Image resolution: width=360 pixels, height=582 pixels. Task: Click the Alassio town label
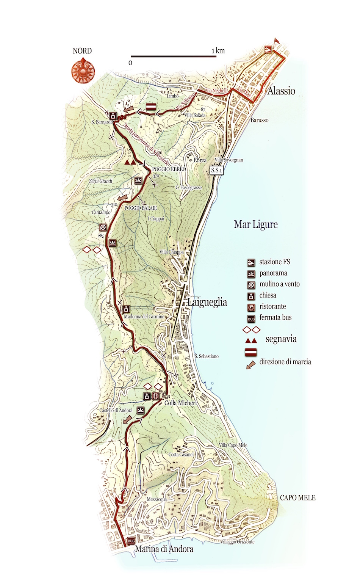pos(281,91)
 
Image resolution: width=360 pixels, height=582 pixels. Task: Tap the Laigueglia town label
pos(207,302)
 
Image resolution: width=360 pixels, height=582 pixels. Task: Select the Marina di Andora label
pos(164,549)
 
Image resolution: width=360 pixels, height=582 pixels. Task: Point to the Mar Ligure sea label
pos(256,224)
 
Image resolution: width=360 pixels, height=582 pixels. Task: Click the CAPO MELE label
pos(297,498)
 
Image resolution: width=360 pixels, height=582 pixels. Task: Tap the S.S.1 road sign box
pos(217,170)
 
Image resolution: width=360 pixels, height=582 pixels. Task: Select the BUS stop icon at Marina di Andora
pos(131,541)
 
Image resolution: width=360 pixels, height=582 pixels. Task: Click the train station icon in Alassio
pos(268,49)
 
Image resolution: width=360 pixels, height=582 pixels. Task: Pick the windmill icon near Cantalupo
pos(102,227)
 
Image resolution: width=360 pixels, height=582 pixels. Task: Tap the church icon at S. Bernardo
pos(113,116)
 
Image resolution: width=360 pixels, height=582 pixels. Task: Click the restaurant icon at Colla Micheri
pos(156,396)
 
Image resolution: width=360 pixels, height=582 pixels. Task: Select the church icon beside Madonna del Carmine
pos(127,309)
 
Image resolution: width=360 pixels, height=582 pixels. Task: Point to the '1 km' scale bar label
pos(218,51)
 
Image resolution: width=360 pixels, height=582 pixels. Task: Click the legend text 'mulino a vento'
pos(279,284)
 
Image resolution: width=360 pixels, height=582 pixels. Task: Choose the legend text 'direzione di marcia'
pos(285,362)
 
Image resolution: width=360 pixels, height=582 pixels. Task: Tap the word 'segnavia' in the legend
pos(281,339)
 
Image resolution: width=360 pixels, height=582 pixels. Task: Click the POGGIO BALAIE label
pos(141,208)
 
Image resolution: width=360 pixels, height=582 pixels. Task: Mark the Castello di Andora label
pos(116,410)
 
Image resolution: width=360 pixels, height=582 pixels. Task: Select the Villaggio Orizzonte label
pos(238,542)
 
